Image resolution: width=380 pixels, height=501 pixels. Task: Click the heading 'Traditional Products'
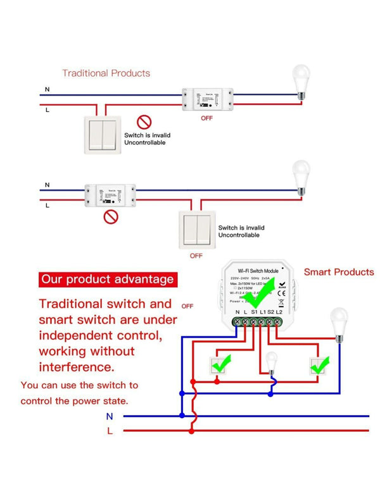(x=106, y=73)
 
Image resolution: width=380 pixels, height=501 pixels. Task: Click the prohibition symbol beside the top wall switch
(x=145, y=121)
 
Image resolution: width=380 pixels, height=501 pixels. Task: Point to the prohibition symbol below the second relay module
(x=111, y=217)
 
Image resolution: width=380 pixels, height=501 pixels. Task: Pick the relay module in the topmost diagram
(x=209, y=98)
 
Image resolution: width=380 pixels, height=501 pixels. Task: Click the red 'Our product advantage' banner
(x=106, y=279)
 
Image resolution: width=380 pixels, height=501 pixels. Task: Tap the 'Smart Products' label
(x=339, y=272)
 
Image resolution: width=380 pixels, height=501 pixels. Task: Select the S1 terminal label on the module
(x=253, y=312)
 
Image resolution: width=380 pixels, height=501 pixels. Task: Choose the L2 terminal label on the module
(x=279, y=312)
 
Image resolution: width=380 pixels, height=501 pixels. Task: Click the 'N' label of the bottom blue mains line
(x=110, y=416)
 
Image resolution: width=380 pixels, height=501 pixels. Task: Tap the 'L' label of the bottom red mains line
(x=110, y=431)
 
